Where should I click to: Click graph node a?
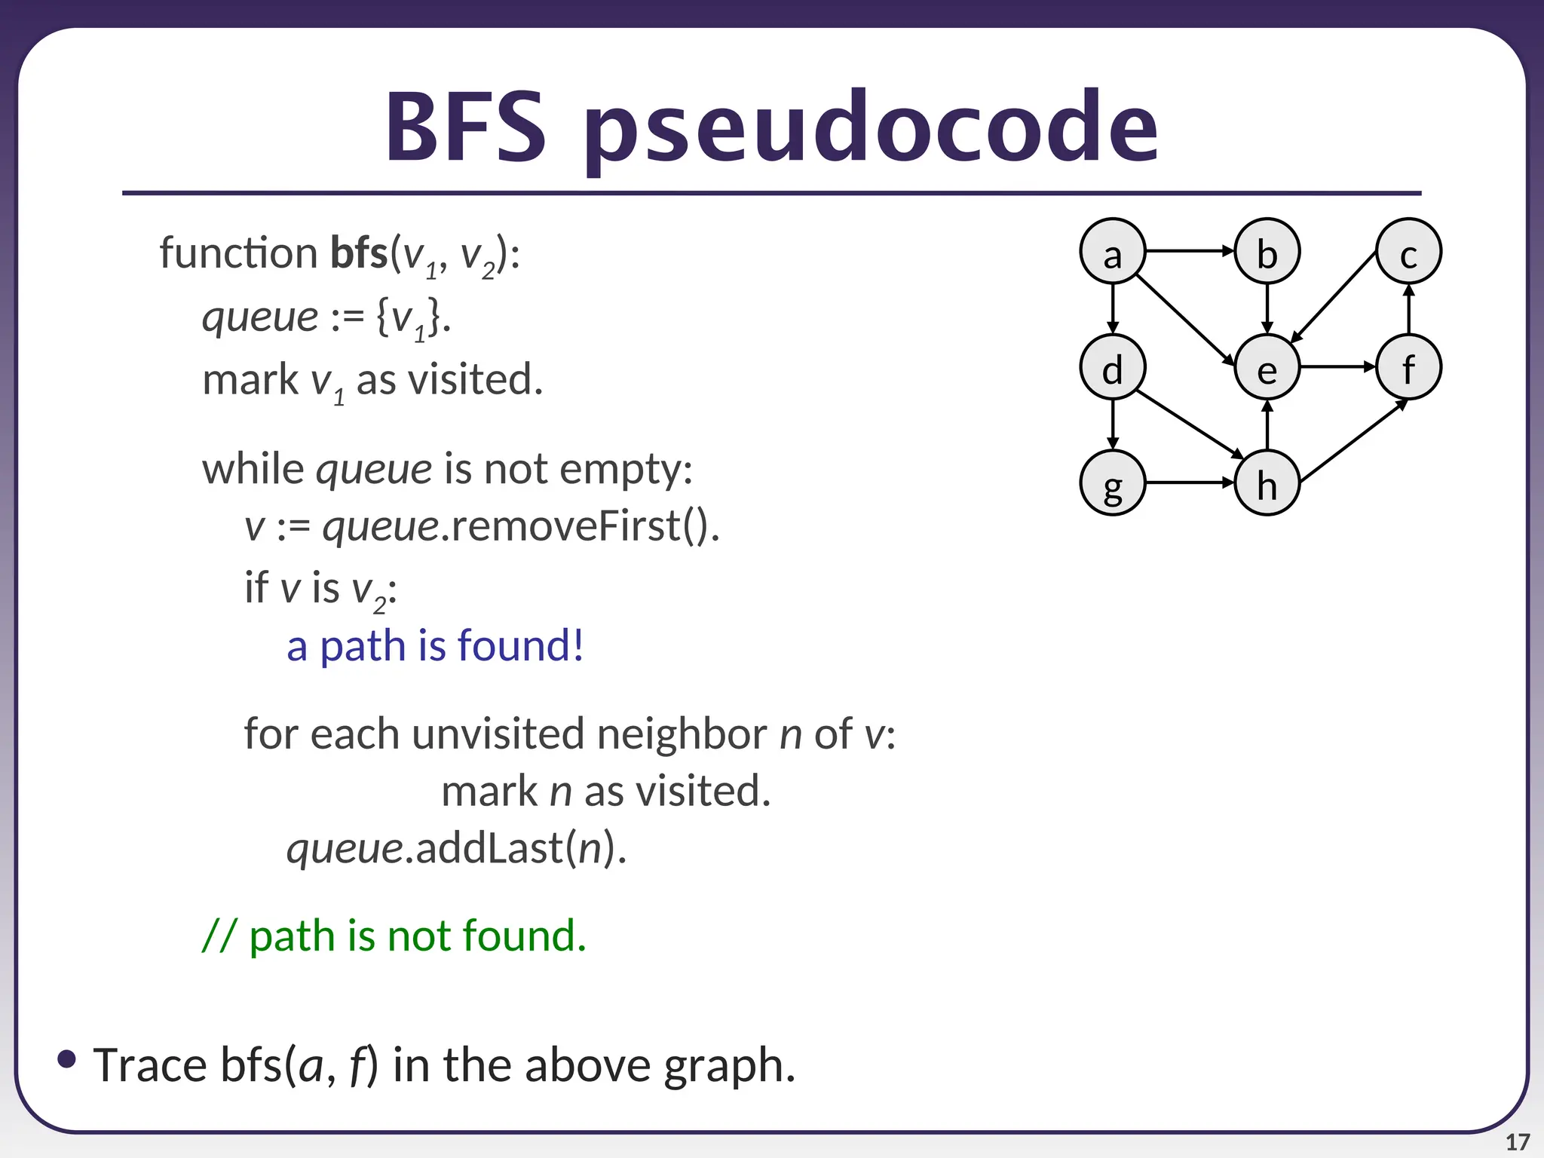coord(1112,251)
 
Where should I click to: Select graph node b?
coord(1267,251)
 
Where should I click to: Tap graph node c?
coord(1408,251)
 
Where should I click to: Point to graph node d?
coord(1112,367)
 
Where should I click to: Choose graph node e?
coord(1267,367)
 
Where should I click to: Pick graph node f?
coord(1408,367)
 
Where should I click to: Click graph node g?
coord(1112,482)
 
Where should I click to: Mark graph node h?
coord(1267,482)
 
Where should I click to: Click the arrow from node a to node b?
coord(1189,250)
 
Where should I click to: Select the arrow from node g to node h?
coord(1189,482)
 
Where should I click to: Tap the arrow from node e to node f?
coord(1337,367)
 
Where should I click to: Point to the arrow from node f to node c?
coord(1408,309)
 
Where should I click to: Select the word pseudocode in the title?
coord(870,128)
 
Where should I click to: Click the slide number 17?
coord(1517,1142)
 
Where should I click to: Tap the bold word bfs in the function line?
coord(359,253)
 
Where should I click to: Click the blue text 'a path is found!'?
coord(435,646)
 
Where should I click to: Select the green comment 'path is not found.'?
coord(417,936)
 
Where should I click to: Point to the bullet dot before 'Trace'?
coord(66,1059)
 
